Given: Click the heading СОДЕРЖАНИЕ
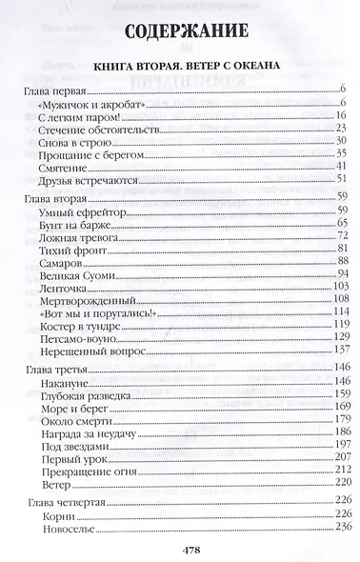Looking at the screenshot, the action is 180,33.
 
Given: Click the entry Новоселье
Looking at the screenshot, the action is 70,528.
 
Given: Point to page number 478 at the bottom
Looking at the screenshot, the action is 180,550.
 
